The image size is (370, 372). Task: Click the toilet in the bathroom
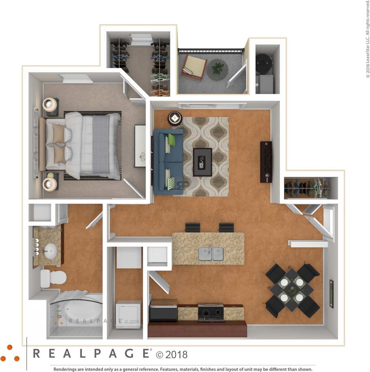pyautogui.click(x=54, y=278)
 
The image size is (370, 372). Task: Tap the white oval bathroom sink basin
pyautogui.click(x=49, y=250)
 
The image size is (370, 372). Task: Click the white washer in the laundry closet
pyautogui.click(x=128, y=314)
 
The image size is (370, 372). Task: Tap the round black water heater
pyautogui.click(x=264, y=61)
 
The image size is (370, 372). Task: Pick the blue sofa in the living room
pyautogui.click(x=168, y=162)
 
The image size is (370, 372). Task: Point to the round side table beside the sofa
pyautogui.click(x=175, y=118)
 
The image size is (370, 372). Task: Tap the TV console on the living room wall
pyautogui.click(x=266, y=162)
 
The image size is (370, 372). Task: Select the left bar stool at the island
pyautogui.click(x=193, y=227)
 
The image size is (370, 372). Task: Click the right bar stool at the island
pyautogui.click(x=226, y=227)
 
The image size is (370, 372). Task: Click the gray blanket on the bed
pyautogui.click(x=101, y=144)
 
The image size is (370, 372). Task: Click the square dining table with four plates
pyautogui.click(x=292, y=290)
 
